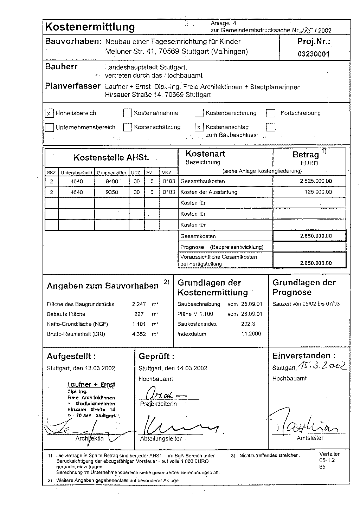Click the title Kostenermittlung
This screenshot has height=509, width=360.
click(x=90, y=27)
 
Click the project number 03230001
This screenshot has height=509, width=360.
click(x=314, y=54)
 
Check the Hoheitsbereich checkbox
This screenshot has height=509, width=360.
click(x=49, y=113)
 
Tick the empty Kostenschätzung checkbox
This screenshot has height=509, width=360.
click(x=127, y=127)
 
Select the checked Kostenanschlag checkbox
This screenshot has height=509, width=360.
click(x=199, y=127)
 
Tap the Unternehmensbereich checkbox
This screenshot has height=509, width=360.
click(x=49, y=127)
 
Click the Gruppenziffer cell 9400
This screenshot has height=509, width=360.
click(x=112, y=181)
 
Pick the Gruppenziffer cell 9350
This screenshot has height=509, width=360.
click(x=112, y=192)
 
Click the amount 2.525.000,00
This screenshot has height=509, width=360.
click(x=316, y=181)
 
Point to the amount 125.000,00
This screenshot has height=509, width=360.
click(x=318, y=192)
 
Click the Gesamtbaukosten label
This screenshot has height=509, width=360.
click(x=202, y=182)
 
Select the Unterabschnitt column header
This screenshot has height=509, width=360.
click(x=76, y=173)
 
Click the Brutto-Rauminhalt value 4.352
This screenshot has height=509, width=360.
click(x=139, y=334)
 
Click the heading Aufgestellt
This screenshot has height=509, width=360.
click(x=71, y=356)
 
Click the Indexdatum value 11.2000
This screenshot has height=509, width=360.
click(x=251, y=334)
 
